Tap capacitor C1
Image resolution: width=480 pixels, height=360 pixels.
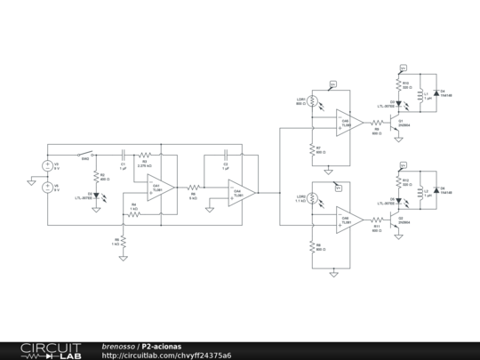click(x=123, y=151)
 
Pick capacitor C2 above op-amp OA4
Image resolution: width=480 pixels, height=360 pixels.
click(x=226, y=152)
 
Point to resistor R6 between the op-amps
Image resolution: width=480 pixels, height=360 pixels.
click(x=193, y=188)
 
